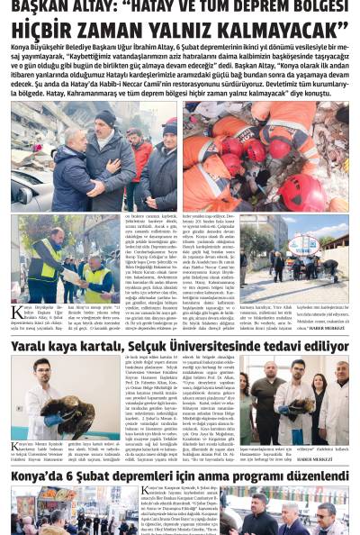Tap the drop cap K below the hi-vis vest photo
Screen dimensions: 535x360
pyautogui.click(x=16, y=313)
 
